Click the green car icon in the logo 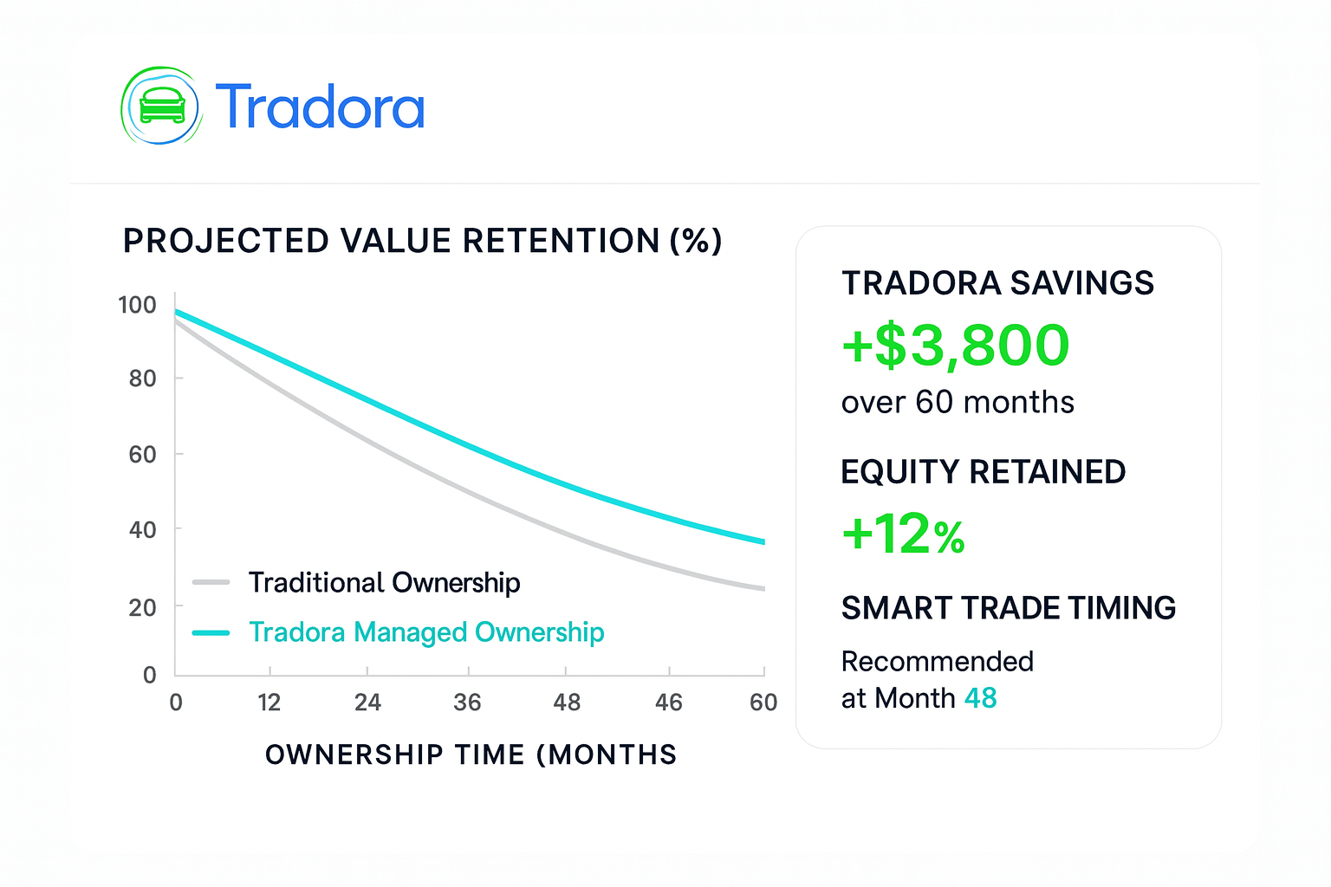pyautogui.click(x=162, y=105)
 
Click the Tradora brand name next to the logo pyautogui.click(x=320, y=107)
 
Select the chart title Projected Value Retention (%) pyautogui.click(x=423, y=241)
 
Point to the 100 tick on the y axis pyautogui.click(x=137, y=305)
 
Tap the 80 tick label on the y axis pyautogui.click(x=143, y=379)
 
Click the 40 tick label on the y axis pyautogui.click(x=143, y=529)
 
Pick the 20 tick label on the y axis pyautogui.click(x=143, y=608)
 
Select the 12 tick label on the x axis pyautogui.click(x=269, y=702)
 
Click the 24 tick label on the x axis pyautogui.click(x=367, y=702)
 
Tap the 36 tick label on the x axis pyautogui.click(x=468, y=702)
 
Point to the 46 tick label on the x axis pyautogui.click(x=669, y=702)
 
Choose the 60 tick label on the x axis pyautogui.click(x=763, y=702)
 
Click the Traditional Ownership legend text pyautogui.click(x=385, y=583)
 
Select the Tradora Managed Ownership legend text pyautogui.click(x=426, y=632)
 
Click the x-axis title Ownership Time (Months pyautogui.click(x=471, y=754)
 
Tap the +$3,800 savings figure pyautogui.click(x=956, y=345)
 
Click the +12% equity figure pyautogui.click(x=903, y=534)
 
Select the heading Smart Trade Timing pyautogui.click(x=1009, y=608)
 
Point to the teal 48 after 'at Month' pyautogui.click(x=980, y=698)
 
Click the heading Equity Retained pyautogui.click(x=984, y=472)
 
